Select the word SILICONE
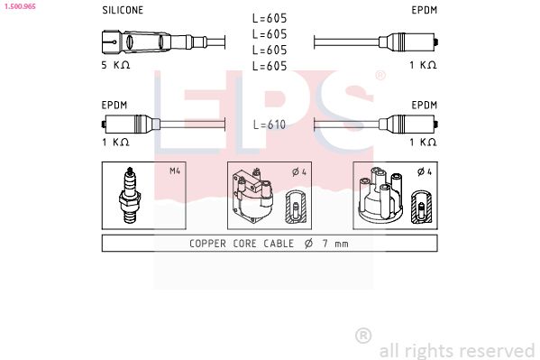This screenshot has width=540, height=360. point(122,11)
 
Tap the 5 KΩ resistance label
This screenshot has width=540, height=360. point(116,65)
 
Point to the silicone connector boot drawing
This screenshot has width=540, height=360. point(144,42)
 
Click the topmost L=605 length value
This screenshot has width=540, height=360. point(270,19)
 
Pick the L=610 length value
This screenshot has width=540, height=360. point(270,125)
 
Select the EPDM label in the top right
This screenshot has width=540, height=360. point(424,11)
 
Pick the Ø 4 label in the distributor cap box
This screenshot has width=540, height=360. point(423,171)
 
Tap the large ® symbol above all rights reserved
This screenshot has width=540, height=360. point(363,335)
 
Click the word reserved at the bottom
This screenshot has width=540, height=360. point(497,350)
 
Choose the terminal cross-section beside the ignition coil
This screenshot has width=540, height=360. point(296,207)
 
